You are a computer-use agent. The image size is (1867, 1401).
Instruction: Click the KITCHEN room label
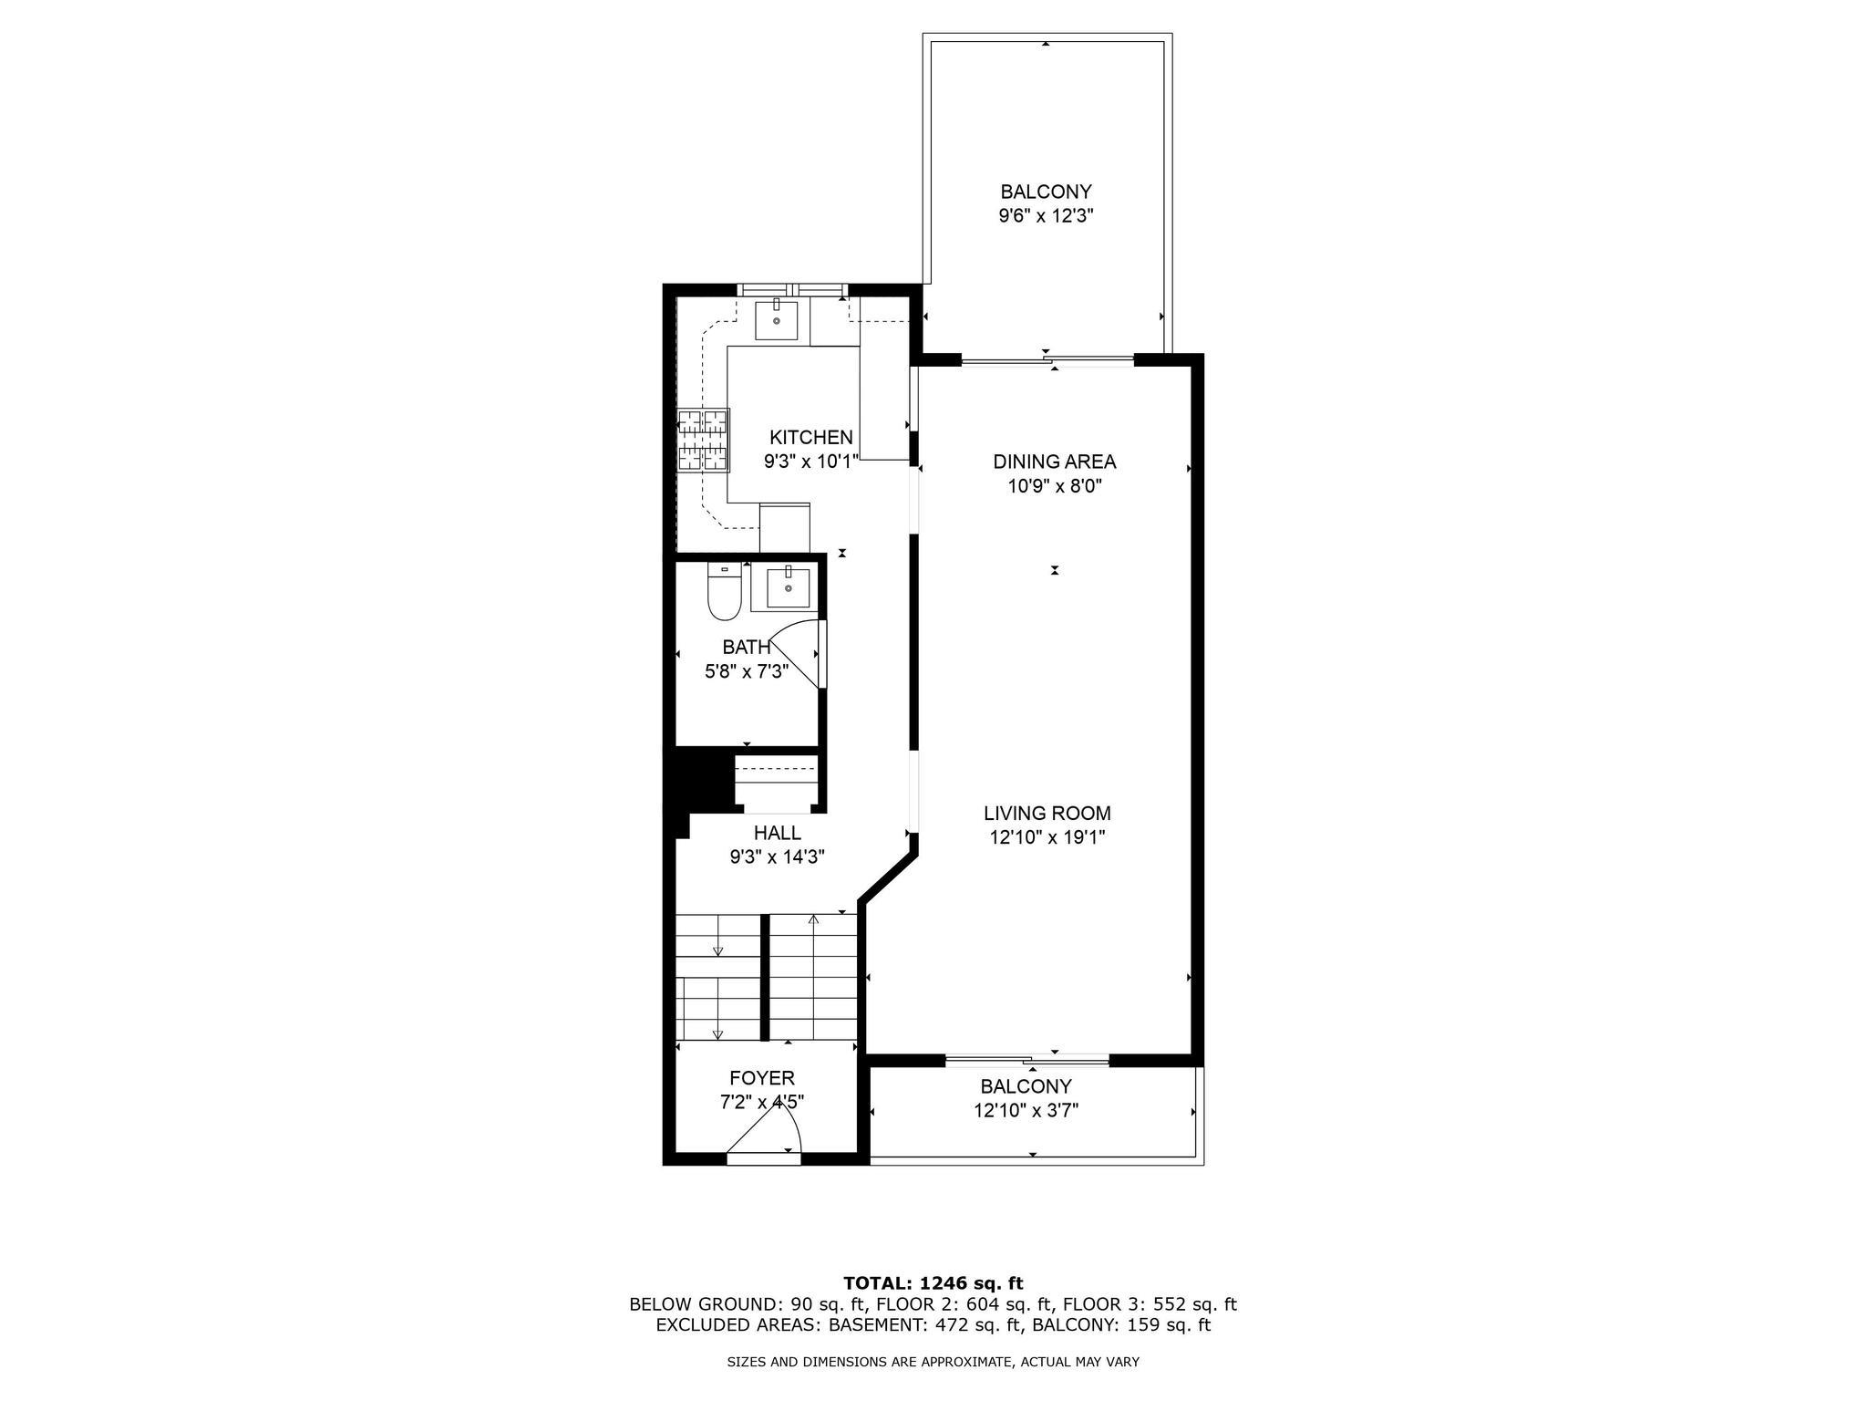(x=810, y=438)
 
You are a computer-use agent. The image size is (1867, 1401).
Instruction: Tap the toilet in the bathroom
(x=724, y=596)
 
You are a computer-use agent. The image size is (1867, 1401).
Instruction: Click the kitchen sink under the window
(x=777, y=319)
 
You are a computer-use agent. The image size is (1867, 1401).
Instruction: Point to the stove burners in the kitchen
(x=703, y=440)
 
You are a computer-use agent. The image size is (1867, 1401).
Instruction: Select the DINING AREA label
(x=1054, y=462)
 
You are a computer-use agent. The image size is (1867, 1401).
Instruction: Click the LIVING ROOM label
(x=1047, y=814)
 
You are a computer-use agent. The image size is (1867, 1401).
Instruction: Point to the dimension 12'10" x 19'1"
(x=1047, y=837)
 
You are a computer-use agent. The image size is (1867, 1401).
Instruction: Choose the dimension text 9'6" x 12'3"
(x=1046, y=216)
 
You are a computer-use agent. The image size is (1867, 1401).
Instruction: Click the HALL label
(x=777, y=833)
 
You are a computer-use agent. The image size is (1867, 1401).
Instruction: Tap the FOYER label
(x=761, y=1078)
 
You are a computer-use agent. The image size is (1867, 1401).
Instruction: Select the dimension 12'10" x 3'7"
(x=1026, y=1111)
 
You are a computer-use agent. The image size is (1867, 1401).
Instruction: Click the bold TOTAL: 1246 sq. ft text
(x=933, y=1283)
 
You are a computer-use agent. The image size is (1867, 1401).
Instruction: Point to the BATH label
(x=746, y=648)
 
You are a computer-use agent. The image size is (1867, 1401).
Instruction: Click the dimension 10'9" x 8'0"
(x=1054, y=486)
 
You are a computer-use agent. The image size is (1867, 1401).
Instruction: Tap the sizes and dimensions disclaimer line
(x=933, y=1363)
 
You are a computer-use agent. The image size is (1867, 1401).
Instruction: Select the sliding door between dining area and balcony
(x=1048, y=361)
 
